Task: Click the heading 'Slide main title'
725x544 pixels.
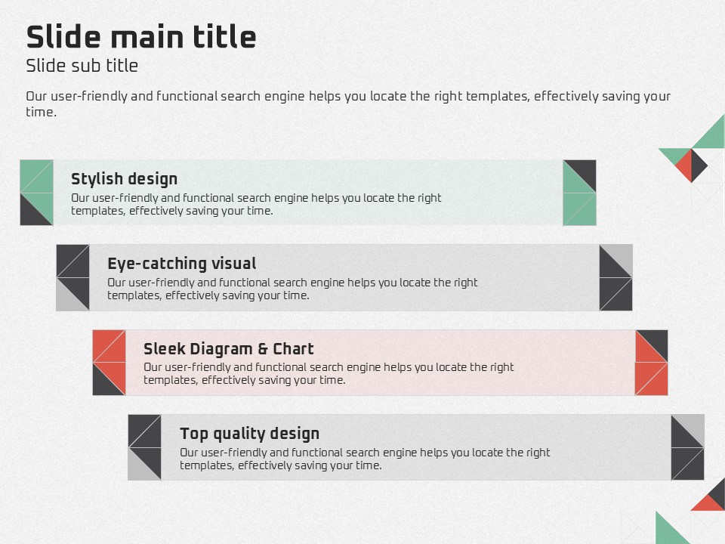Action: (141, 36)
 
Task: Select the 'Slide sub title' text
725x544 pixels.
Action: (82, 66)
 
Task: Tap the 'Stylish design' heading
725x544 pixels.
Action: (124, 179)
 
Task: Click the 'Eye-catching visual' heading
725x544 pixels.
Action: (182, 264)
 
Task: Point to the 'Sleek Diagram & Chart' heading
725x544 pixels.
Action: (228, 349)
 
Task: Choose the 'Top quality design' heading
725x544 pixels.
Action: (249, 434)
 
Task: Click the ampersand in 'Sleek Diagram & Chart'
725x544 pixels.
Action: (263, 349)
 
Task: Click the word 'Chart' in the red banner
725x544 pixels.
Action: (293, 349)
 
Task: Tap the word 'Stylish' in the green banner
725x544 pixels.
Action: (95, 179)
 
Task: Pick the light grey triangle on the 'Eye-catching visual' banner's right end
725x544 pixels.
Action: (621, 256)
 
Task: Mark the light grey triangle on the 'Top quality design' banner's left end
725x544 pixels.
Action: (140, 468)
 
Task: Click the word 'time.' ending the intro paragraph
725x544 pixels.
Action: (41, 112)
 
